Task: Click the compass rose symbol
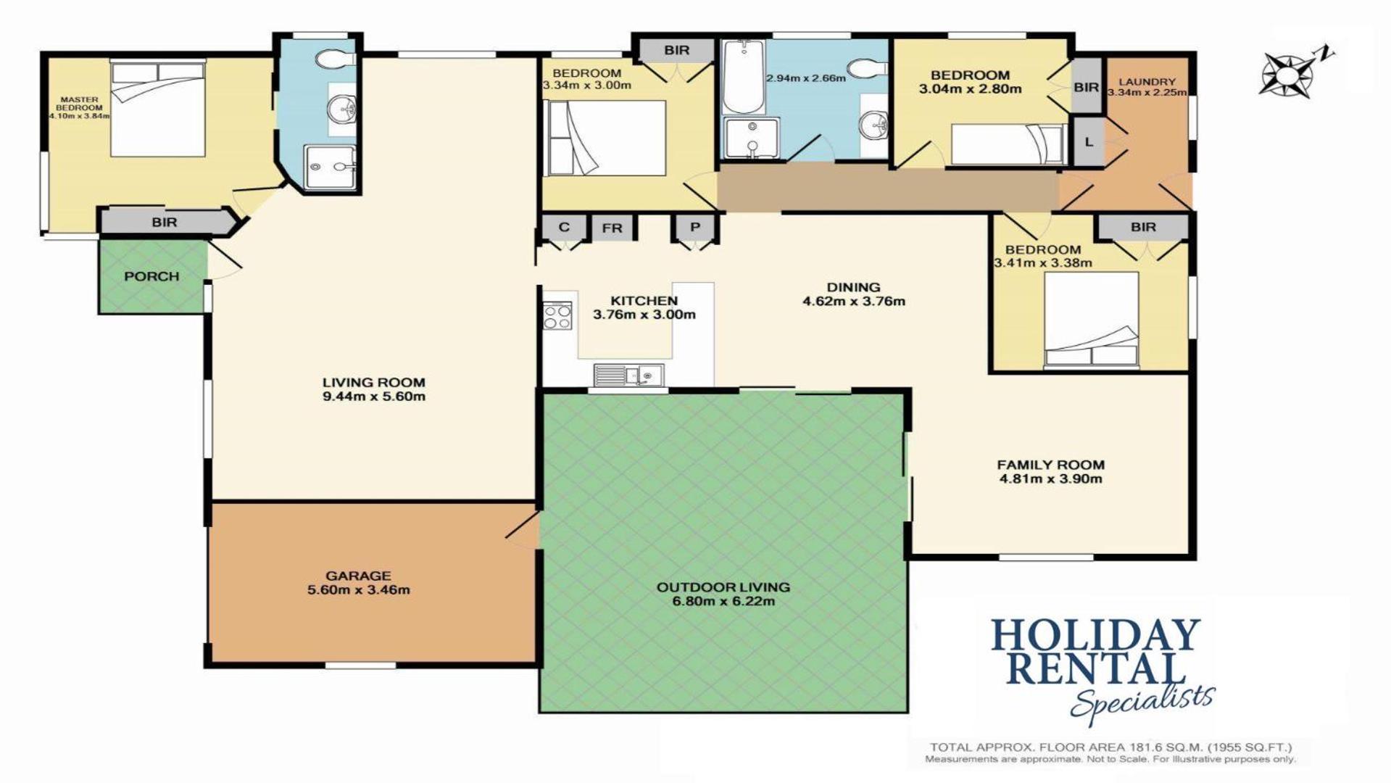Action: tap(1290, 72)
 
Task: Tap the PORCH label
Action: tap(151, 276)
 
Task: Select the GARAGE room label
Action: tap(358, 576)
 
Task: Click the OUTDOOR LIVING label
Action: tap(723, 587)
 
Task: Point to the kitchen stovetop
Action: tap(557, 315)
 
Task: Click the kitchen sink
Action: tap(628, 375)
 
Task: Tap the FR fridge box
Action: tap(613, 228)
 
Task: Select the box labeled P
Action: tap(695, 227)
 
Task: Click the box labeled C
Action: tap(564, 227)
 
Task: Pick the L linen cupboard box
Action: tap(1088, 142)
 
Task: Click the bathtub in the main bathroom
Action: tap(743, 76)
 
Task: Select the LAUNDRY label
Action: tap(1147, 82)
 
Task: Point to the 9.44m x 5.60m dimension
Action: tap(374, 397)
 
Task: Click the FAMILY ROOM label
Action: tap(1050, 465)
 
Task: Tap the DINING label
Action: tap(853, 287)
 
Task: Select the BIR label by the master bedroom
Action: tap(165, 223)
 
